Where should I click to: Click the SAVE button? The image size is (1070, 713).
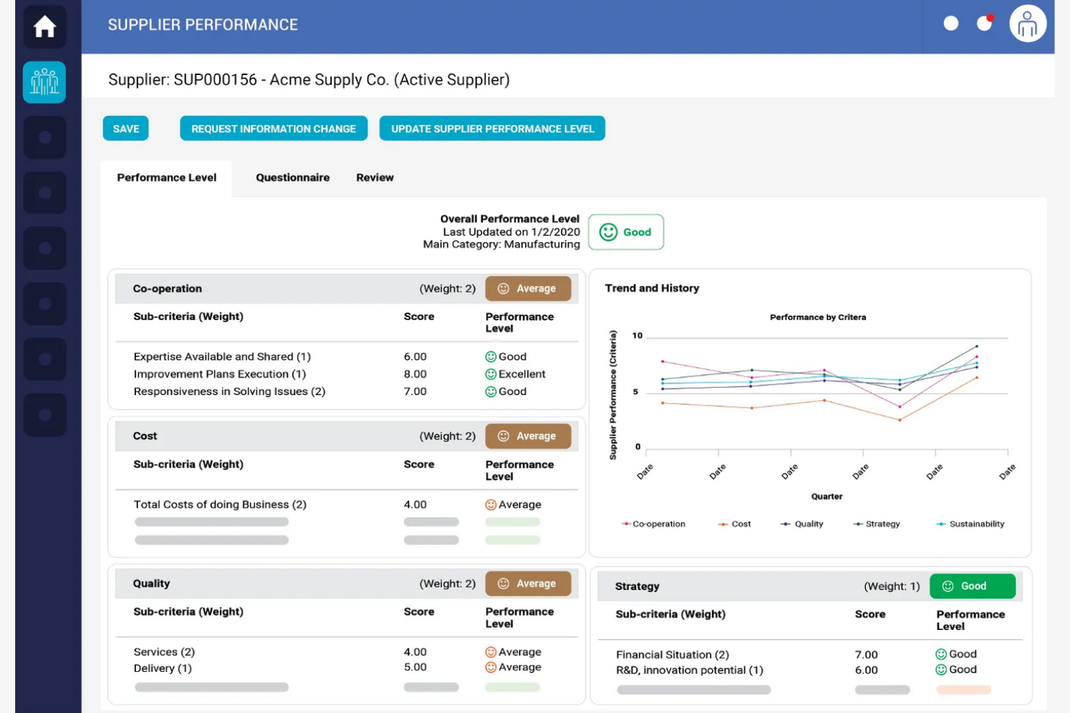[126, 129]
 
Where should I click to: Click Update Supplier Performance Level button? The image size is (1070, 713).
[492, 129]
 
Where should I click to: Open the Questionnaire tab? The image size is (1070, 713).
[292, 178]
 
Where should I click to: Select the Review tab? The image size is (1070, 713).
[374, 178]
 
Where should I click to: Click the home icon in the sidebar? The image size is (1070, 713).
[45, 27]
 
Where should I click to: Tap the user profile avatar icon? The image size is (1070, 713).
[1027, 25]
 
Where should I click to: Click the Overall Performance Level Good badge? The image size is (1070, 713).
[625, 232]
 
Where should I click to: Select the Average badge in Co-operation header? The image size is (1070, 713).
[528, 288]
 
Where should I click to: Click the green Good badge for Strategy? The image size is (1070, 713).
[972, 586]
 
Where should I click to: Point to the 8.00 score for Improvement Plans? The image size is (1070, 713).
[415, 374]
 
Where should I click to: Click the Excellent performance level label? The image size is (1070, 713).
[521, 374]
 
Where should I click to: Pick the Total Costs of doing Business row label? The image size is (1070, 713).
[220, 504]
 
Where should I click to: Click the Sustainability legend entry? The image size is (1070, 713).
[976, 524]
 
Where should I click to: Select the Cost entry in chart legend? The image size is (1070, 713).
[740, 524]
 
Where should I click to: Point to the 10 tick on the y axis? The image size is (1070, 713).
[637, 335]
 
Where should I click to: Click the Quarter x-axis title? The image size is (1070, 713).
[826, 496]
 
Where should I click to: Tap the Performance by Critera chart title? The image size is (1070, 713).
[818, 317]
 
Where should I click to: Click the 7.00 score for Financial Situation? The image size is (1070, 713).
[866, 654]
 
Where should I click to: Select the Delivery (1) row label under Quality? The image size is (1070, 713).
[163, 668]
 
